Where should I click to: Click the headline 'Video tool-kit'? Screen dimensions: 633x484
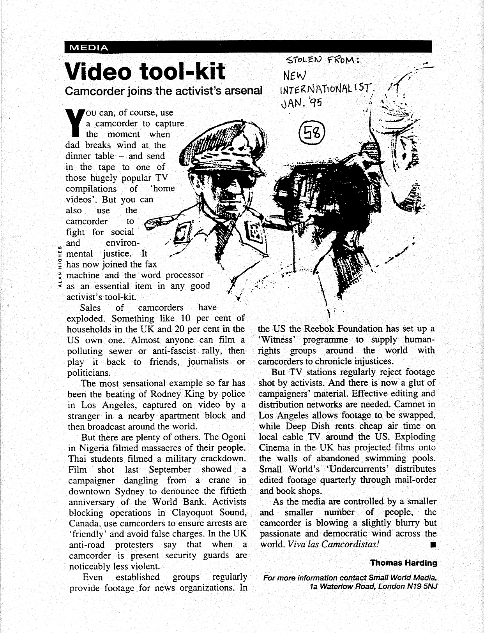(x=145, y=71)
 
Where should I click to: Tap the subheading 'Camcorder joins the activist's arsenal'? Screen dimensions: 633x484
(x=164, y=91)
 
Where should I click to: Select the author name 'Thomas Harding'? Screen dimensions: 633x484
(x=403, y=563)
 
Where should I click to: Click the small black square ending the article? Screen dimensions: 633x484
(x=431, y=545)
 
